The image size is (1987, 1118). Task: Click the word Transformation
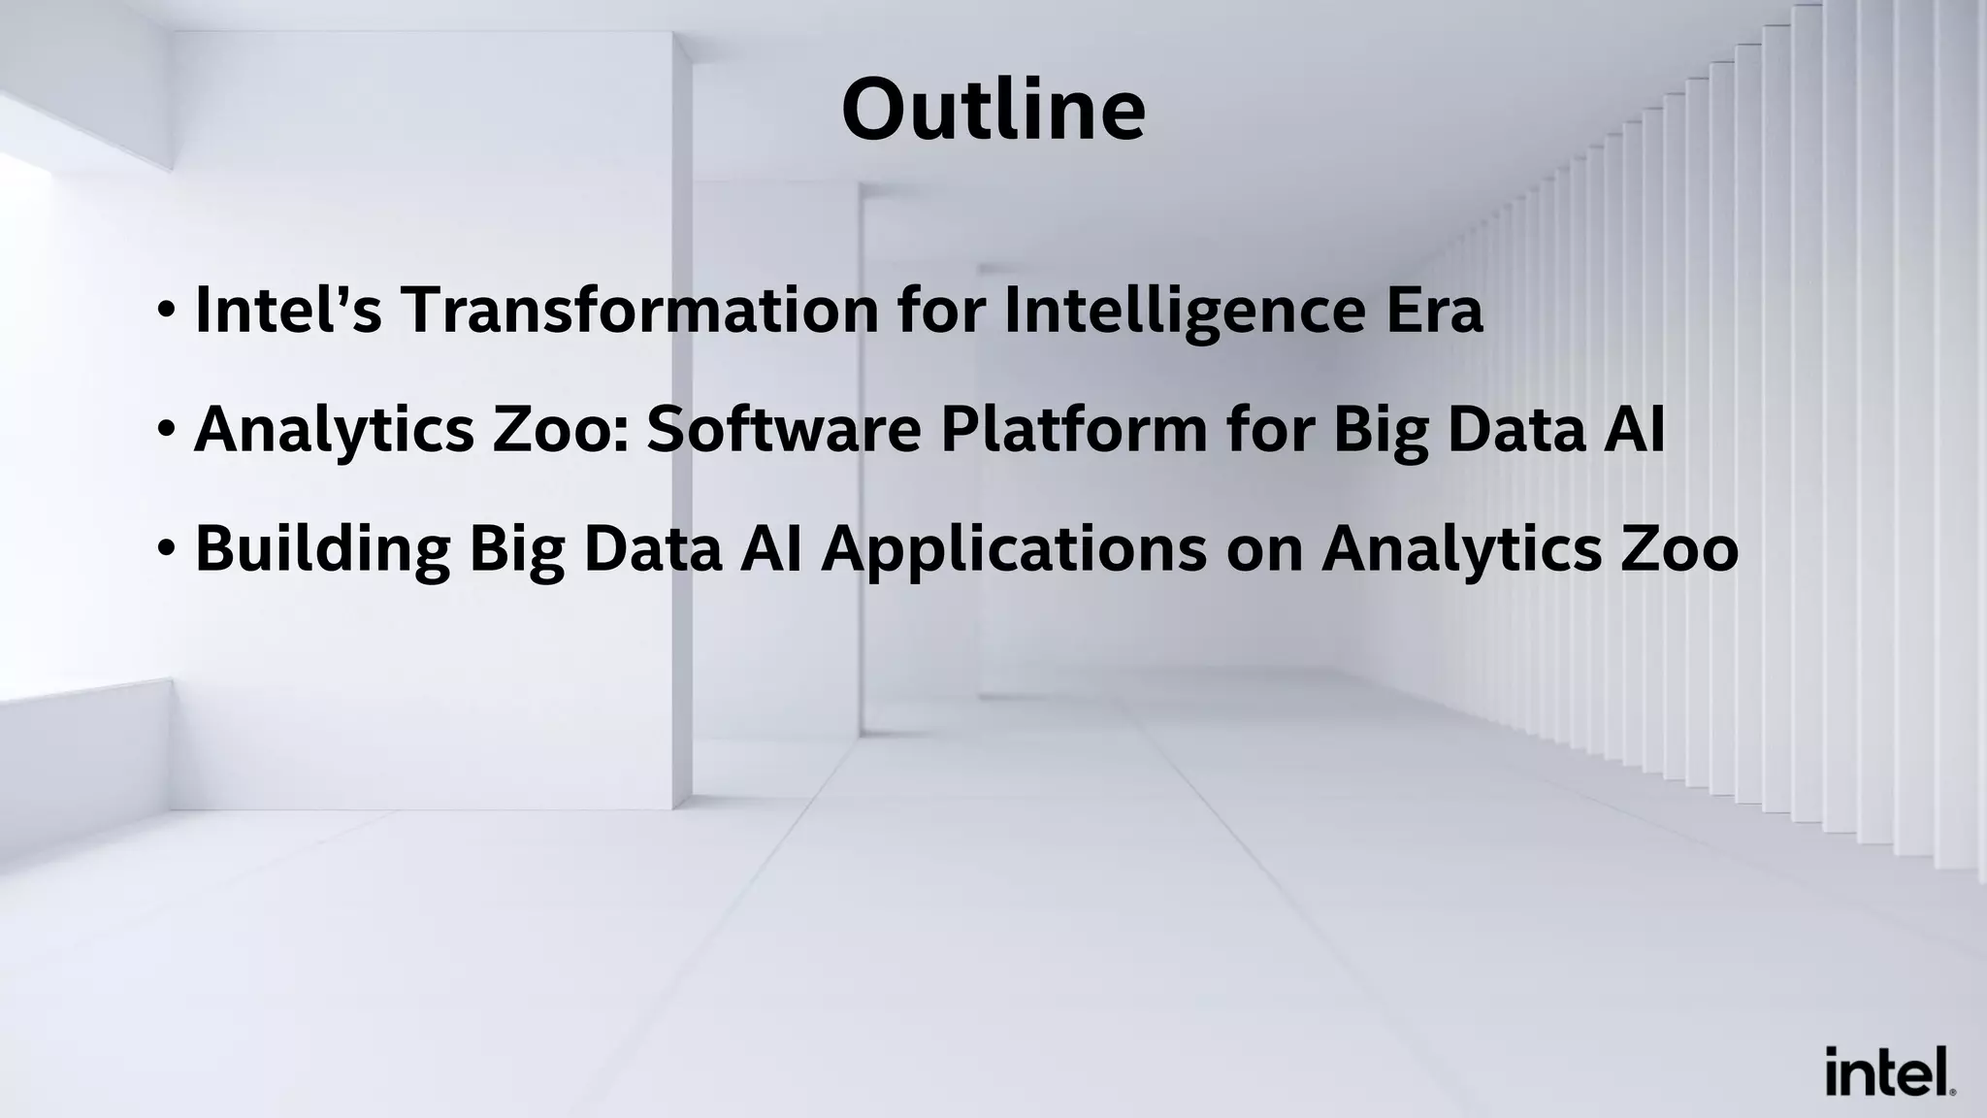pos(640,311)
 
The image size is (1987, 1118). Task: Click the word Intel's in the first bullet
pos(288,311)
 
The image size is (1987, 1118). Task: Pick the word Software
pos(784,429)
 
